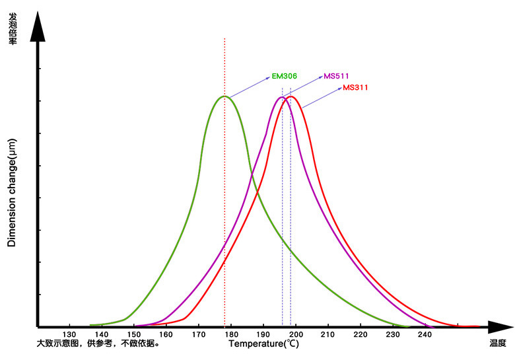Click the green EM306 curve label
[x=284, y=76]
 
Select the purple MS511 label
[x=336, y=76]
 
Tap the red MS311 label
[x=356, y=87]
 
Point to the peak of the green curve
[x=224, y=96]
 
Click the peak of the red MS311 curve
[x=290, y=96]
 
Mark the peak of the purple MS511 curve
[x=282, y=97]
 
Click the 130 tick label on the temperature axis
[x=69, y=334]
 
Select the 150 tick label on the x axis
[x=134, y=334]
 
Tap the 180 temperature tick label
[x=231, y=334]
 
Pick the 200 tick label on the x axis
[x=295, y=334]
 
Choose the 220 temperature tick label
[x=360, y=334]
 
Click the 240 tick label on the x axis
[x=425, y=334]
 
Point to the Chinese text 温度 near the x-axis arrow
[x=498, y=343]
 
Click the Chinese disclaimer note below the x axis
[x=98, y=343]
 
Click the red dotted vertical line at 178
[x=224, y=198]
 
